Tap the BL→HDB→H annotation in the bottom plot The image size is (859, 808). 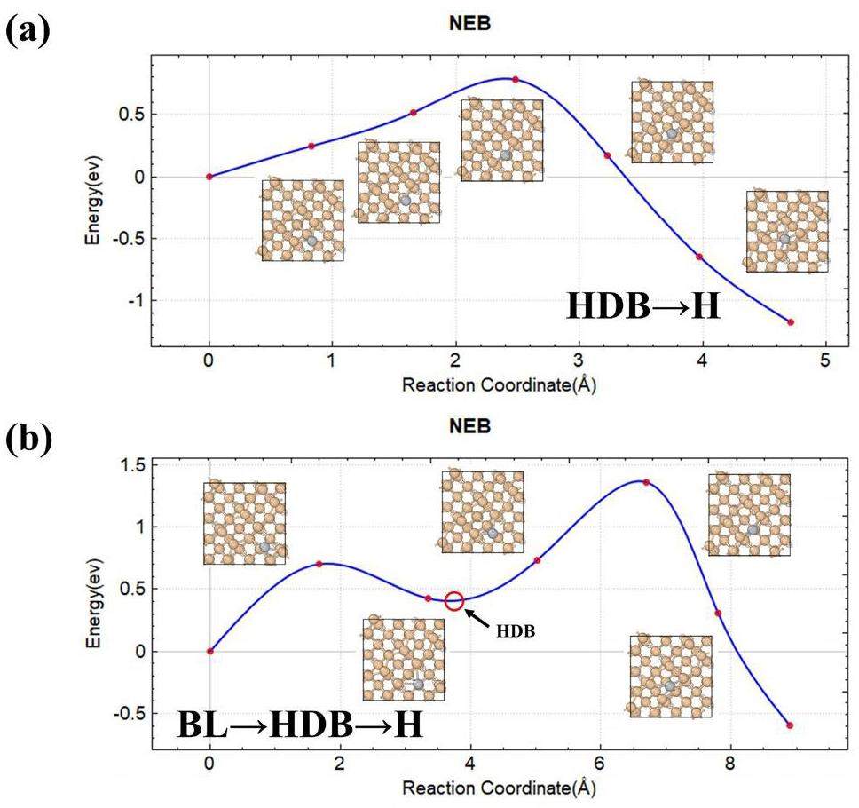299,725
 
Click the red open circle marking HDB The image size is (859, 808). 454,601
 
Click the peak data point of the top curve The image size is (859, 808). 515,80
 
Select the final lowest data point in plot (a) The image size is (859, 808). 790,322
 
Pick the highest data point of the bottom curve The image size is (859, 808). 646,482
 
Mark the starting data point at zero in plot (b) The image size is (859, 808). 209,651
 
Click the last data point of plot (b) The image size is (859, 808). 789,725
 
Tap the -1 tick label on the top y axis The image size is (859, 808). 134,301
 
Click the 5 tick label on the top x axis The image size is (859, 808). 825,362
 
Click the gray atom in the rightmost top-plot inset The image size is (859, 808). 784,240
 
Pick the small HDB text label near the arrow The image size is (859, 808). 516,631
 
